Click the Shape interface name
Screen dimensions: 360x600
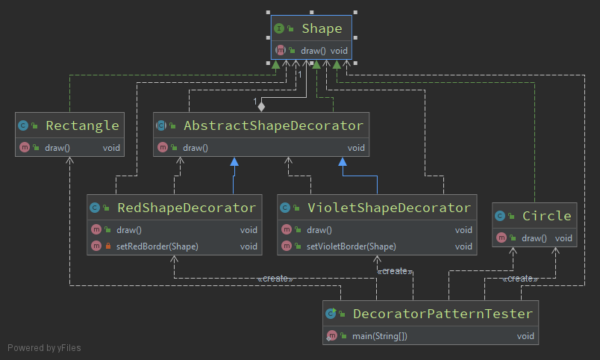click(322, 29)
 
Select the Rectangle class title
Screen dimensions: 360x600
click(82, 125)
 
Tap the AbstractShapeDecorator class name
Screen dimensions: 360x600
click(273, 125)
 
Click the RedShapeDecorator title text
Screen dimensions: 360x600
click(186, 208)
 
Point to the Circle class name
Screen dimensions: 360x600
click(546, 216)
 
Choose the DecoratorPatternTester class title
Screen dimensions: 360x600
click(443, 314)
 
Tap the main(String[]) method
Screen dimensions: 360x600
click(379, 336)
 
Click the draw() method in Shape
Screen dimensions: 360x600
click(313, 51)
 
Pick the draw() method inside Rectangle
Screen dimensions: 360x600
click(57, 148)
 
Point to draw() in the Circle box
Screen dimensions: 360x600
click(534, 238)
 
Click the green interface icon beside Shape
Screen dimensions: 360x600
click(279, 29)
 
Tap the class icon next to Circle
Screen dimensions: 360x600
click(500, 217)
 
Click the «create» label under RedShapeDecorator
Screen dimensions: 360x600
click(275, 279)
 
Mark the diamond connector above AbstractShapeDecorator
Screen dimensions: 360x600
click(261, 106)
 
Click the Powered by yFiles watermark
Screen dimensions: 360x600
click(44, 348)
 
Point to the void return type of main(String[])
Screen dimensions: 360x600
click(525, 336)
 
